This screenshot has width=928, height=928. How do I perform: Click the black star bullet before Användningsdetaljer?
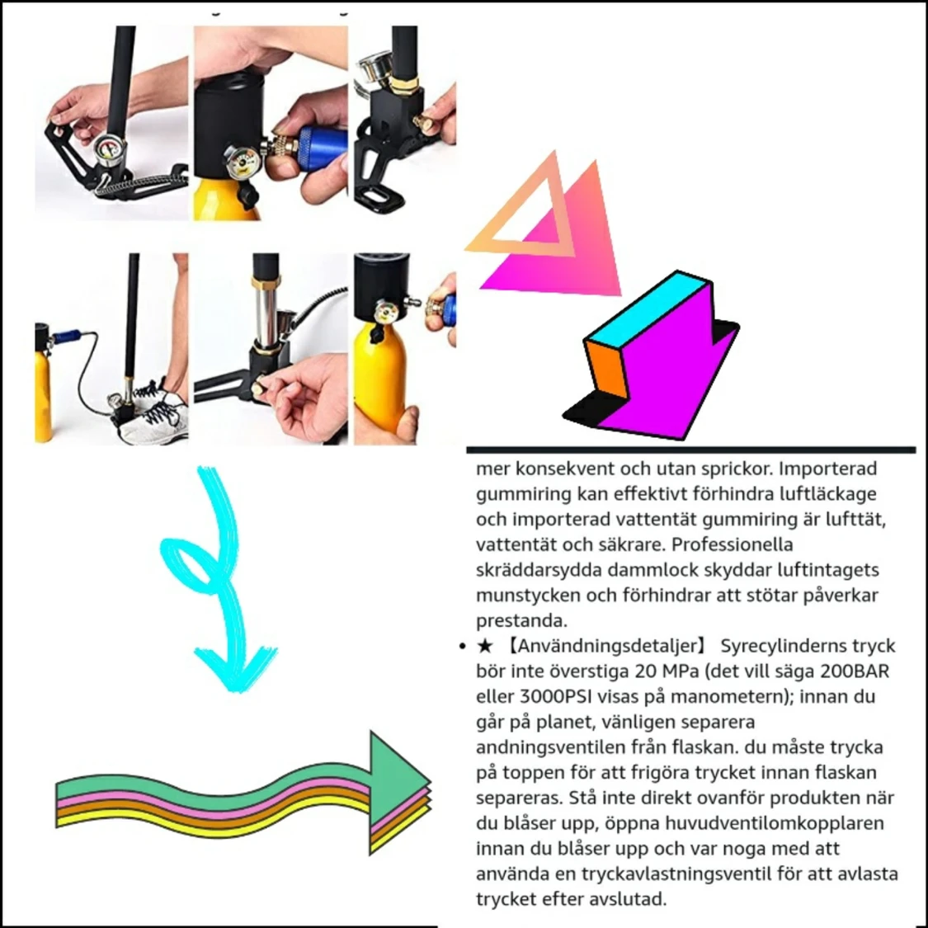(485, 646)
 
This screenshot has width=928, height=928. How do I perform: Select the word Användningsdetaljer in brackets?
(607, 646)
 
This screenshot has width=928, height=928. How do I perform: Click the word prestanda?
(521, 621)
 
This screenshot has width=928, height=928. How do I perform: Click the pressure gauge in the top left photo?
(109, 150)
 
